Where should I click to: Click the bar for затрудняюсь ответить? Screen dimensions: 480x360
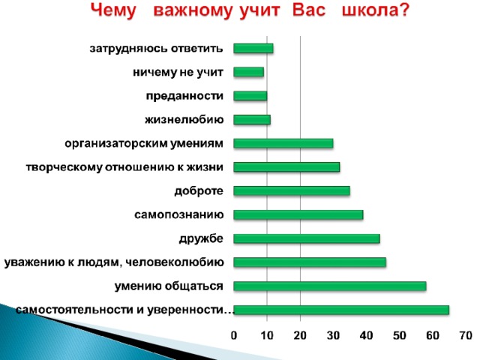[x=253, y=48]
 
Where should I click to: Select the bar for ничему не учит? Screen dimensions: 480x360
[x=248, y=72]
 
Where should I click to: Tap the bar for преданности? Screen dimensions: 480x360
[x=250, y=96]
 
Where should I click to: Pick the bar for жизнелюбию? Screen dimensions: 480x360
[x=252, y=120]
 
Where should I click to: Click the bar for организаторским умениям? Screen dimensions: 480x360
[x=283, y=143]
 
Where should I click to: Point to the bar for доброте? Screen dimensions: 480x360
[x=292, y=191]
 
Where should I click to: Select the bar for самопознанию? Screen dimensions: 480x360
[x=298, y=215]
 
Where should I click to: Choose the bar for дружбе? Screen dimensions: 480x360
[x=307, y=238]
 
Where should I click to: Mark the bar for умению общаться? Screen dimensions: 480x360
[x=330, y=286]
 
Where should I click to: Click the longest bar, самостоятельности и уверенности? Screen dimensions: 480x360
[x=341, y=310]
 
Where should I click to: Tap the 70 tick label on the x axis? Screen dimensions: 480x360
[x=466, y=336]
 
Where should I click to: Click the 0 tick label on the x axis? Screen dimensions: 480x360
[x=234, y=336]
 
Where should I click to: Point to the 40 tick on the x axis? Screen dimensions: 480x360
[x=366, y=336]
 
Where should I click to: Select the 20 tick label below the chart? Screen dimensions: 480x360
[x=300, y=336]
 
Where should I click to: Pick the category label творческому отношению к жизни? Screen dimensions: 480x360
[x=124, y=167]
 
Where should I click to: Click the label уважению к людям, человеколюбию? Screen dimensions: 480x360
[x=114, y=262]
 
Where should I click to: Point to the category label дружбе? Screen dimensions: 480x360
[x=201, y=238]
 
